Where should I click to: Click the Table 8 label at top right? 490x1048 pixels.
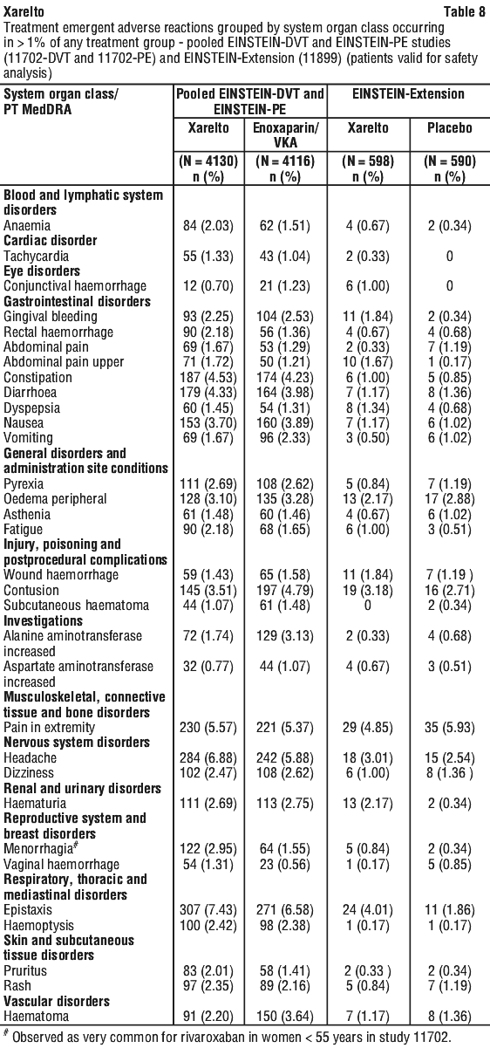(465, 11)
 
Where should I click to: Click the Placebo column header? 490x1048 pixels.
(450, 127)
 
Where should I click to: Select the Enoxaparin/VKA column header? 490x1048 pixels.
(285, 134)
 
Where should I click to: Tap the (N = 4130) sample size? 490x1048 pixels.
(208, 161)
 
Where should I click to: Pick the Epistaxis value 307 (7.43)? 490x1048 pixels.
(208, 909)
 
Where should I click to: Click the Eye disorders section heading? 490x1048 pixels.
(42, 271)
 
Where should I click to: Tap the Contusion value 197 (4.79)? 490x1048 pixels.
(285, 591)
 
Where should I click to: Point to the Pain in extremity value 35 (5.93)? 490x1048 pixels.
(450, 728)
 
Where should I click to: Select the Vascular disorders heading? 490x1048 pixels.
(57, 1001)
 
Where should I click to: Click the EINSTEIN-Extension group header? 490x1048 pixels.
(408, 93)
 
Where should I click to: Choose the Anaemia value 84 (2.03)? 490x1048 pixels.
(208, 225)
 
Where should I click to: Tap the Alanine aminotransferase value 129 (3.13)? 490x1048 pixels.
(285, 636)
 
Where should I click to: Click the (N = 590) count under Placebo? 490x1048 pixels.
(450, 161)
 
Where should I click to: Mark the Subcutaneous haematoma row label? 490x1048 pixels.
(76, 606)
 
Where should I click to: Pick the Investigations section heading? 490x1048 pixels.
(43, 620)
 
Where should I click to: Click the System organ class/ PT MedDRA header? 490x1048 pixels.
(61, 101)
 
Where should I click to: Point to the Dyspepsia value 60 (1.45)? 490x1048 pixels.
(208, 408)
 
